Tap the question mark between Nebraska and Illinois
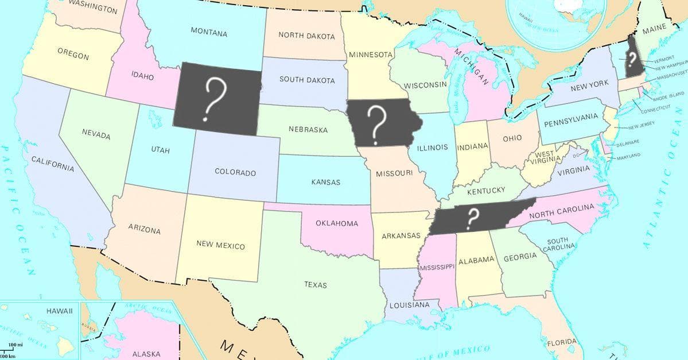(x=376, y=123)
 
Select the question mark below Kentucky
(x=473, y=218)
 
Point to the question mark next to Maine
(x=631, y=58)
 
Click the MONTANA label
(x=209, y=32)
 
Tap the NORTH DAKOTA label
(x=306, y=36)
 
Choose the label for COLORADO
(x=235, y=172)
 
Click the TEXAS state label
(x=316, y=284)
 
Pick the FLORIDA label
(x=561, y=342)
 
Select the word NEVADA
(x=96, y=133)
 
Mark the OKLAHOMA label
(x=337, y=223)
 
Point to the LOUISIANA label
(x=410, y=305)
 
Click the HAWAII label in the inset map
(x=60, y=311)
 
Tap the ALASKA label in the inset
(x=146, y=354)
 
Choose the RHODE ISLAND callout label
(x=668, y=94)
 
